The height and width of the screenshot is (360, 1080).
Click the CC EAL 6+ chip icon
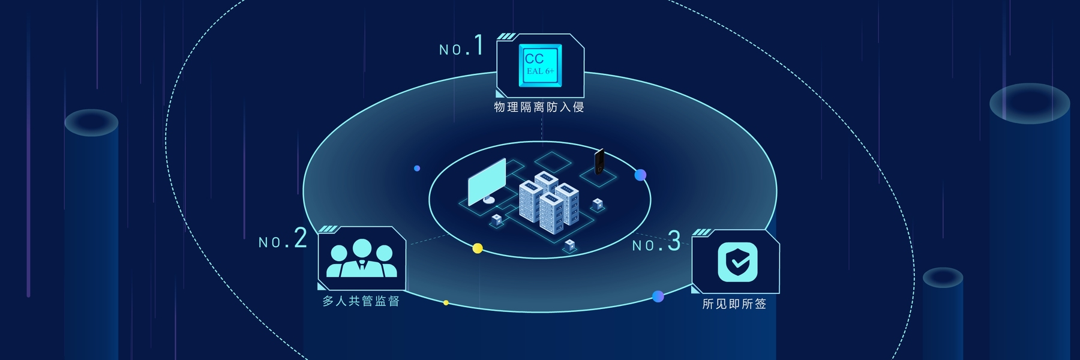540,65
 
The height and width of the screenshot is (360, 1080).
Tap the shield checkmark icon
737,262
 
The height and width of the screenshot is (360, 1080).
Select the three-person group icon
361,259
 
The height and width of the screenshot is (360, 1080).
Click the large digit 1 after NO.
478,45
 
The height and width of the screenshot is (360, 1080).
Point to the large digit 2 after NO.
301,238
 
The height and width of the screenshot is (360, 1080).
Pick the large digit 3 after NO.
674,241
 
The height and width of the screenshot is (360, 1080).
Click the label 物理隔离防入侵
539,107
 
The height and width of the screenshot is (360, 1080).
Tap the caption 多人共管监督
361,301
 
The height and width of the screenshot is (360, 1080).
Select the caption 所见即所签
734,304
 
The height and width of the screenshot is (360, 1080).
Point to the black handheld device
599,161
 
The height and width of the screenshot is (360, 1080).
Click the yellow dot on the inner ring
478,248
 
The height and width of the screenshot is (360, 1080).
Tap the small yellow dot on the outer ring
446,302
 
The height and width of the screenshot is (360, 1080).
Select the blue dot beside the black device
640,175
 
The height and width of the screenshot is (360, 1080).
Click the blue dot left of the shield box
658,296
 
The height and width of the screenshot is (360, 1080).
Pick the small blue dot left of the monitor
417,169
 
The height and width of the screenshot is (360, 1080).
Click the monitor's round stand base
489,200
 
